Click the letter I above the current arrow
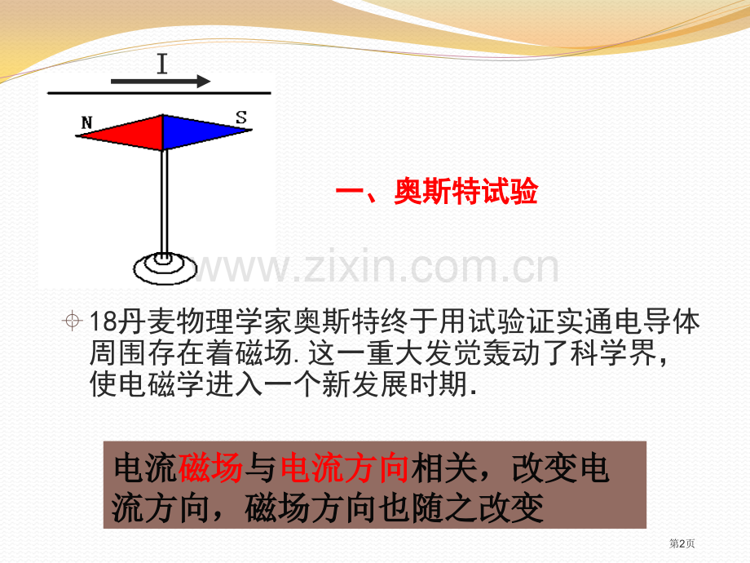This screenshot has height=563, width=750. [162, 64]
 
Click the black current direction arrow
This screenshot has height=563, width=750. [161, 82]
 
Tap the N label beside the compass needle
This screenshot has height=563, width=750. [86, 123]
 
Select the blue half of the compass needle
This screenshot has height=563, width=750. [200, 131]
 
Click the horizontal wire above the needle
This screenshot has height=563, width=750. [159, 94]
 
